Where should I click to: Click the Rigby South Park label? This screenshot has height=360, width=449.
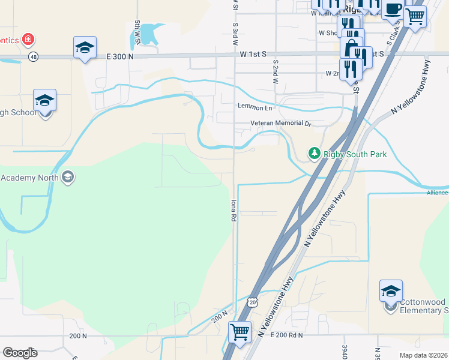coord(355,154)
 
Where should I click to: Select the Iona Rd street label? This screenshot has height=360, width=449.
coord(234,211)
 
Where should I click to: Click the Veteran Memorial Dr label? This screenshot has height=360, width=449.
coord(281,124)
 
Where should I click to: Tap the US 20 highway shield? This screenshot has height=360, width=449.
coord(252,303)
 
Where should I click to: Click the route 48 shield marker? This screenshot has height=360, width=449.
coord(33,57)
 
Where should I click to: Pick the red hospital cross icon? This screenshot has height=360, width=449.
coord(28,40)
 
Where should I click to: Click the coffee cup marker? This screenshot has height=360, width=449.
coord(394,11)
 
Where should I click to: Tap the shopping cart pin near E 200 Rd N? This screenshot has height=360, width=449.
coord(240,331)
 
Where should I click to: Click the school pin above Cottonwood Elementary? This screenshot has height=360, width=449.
coord(391,291)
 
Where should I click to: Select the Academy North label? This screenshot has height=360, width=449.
coord(29,178)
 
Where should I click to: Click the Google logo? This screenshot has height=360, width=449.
coord(20,352)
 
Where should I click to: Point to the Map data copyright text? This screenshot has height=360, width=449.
coord(423,355)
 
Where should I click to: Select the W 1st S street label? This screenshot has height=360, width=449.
coord(253,55)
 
